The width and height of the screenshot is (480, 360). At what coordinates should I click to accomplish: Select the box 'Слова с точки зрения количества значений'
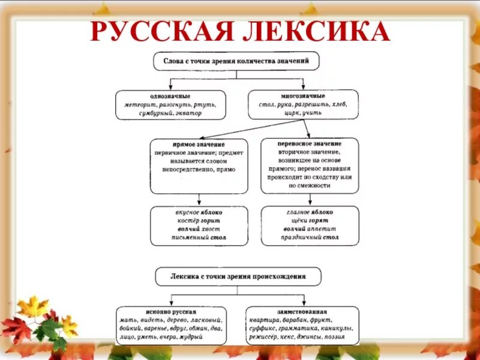[x=236, y=61]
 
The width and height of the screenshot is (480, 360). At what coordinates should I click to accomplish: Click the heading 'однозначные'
[x=170, y=96]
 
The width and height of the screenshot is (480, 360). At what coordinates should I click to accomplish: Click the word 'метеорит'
[x=139, y=104]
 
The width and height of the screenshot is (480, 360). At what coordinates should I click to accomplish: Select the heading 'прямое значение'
[x=199, y=145]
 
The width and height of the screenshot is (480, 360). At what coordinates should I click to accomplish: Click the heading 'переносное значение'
[x=310, y=144]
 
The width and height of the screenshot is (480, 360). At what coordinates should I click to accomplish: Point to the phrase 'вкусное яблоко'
[x=198, y=212]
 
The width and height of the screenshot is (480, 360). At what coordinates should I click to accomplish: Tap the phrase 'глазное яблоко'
[x=310, y=212]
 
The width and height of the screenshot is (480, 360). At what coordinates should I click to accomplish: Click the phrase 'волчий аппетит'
[x=310, y=229]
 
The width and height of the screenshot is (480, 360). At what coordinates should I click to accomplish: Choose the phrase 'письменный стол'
[x=198, y=237]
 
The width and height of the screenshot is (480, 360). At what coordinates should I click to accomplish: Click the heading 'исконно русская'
[x=171, y=312]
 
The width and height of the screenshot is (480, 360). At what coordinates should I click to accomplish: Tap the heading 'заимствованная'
[x=302, y=312]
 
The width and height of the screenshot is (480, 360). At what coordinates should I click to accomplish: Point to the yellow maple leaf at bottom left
[x=32, y=307]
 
